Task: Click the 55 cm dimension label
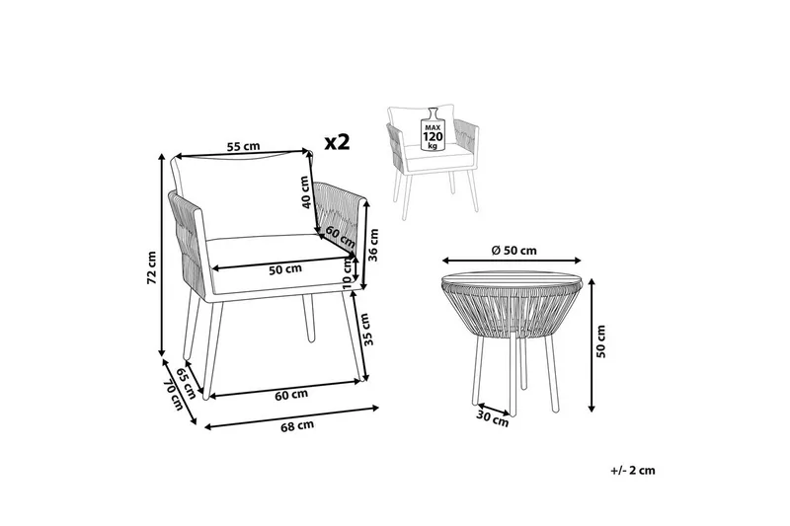pyautogui.click(x=243, y=147)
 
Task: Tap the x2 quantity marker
pyautogui.click(x=338, y=142)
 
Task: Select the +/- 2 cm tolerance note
pyautogui.click(x=633, y=471)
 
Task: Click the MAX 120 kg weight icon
pyautogui.click(x=432, y=128)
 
